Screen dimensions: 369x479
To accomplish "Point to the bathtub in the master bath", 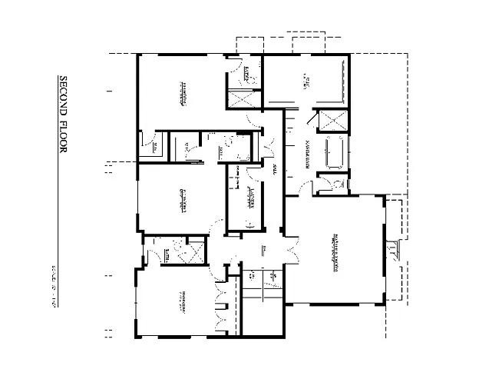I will pyautogui.click(x=334, y=152).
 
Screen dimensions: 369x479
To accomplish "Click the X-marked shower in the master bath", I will pyautogui.click(x=333, y=121).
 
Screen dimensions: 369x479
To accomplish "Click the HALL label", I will pyautogui.click(x=275, y=168).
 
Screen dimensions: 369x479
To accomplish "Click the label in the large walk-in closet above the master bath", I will pyautogui.click(x=306, y=80).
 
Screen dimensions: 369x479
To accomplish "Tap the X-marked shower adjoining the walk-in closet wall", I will pyautogui.click(x=244, y=98).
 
